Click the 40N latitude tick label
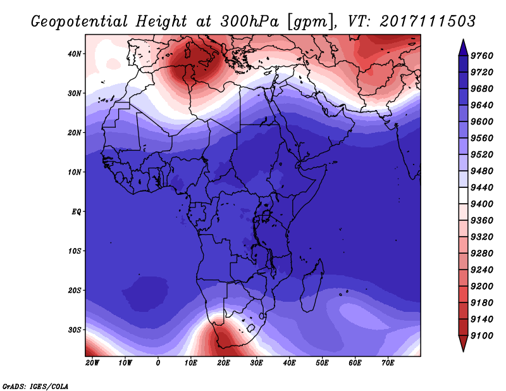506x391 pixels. coord(75,54)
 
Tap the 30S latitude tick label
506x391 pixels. coord(75,330)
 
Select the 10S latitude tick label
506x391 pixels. coord(75,251)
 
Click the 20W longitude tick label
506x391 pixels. coord(92,363)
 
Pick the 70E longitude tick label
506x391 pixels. coord(388,363)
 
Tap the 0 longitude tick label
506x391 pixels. coord(158,363)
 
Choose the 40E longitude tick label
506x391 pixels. coord(290,363)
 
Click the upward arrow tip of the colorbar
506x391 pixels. coord(463,40)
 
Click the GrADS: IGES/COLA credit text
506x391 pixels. coord(35,385)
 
